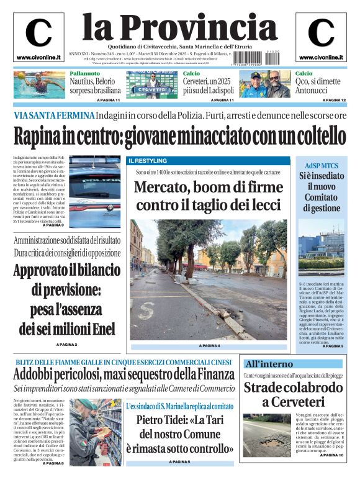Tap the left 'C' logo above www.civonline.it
38,33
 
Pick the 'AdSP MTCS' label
321,166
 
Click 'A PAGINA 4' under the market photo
209,345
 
